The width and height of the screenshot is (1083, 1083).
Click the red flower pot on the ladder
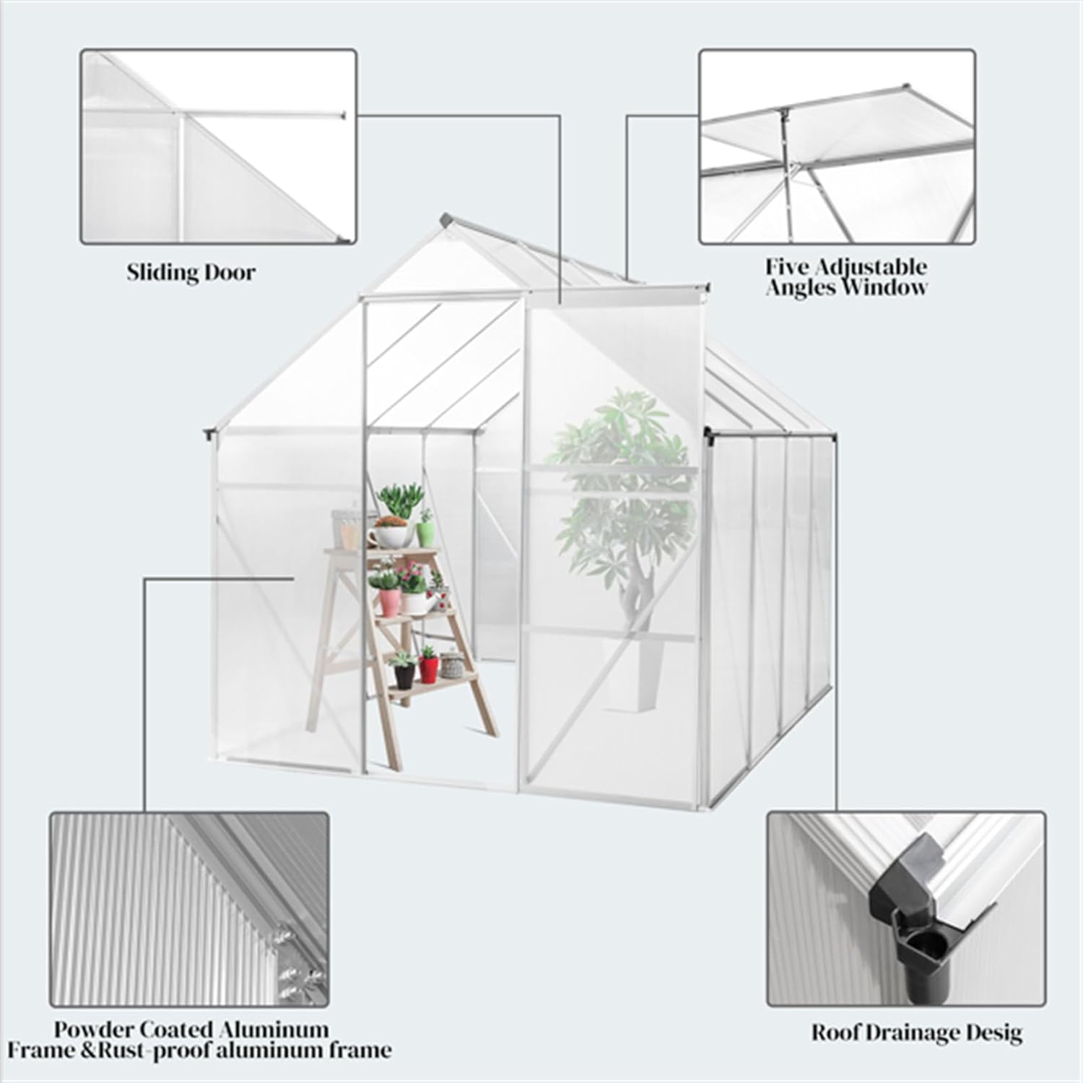click(x=429, y=668)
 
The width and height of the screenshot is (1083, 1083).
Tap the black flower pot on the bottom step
click(x=404, y=674)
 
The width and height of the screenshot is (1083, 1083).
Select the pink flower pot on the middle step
click(x=388, y=601)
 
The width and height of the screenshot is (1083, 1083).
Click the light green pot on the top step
click(x=426, y=533)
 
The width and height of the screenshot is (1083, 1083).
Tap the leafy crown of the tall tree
click(x=614, y=462)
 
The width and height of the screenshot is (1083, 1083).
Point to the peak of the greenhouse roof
click(x=448, y=218)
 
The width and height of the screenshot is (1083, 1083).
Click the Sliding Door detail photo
click(x=218, y=147)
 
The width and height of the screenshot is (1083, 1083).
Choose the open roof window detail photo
click(x=837, y=147)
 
